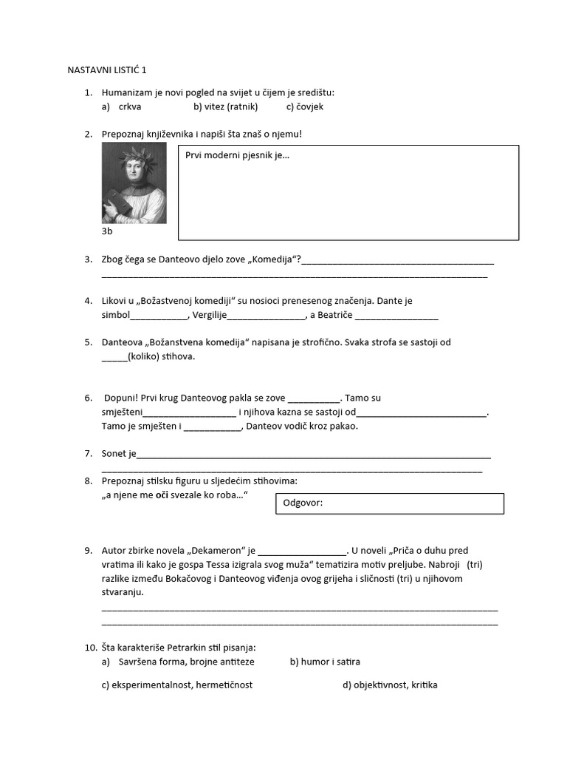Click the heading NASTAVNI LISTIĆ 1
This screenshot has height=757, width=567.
[107, 70]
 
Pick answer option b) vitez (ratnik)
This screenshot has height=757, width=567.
[225, 106]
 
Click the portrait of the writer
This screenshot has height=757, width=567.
[134, 183]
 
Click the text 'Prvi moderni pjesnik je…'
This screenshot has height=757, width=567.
[237, 156]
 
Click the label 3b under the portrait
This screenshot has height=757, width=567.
[107, 231]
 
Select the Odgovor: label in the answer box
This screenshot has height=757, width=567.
[303, 503]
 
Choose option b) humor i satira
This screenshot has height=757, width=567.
[325, 662]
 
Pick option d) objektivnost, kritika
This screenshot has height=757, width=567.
[390, 685]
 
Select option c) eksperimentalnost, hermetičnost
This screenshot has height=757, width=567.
[177, 685]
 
